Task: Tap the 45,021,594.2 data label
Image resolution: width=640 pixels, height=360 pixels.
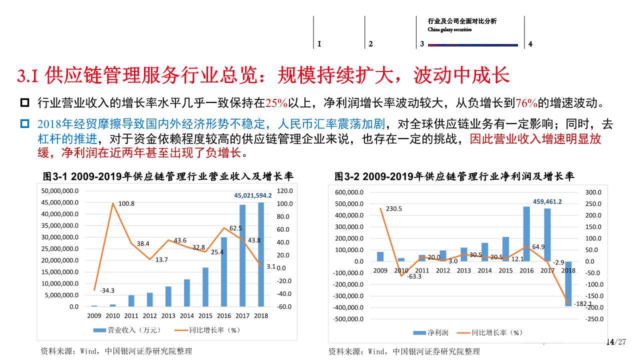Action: point(253,195)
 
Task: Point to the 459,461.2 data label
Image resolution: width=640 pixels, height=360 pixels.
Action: point(547,201)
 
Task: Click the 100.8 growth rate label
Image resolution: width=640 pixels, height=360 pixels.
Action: point(126,203)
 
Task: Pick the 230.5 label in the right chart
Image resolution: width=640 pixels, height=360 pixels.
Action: point(394,208)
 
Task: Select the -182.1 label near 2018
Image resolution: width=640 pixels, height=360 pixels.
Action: point(583,303)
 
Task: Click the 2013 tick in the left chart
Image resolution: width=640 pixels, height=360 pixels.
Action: point(168,315)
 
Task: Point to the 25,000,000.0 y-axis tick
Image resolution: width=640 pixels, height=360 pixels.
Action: point(60,248)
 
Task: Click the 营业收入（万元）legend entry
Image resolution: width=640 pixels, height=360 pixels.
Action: point(127,330)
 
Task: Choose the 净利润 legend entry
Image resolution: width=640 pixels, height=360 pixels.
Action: point(431,332)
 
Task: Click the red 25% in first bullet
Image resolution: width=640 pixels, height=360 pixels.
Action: point(276,103)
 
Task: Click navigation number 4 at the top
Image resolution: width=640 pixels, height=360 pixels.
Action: point(530,44)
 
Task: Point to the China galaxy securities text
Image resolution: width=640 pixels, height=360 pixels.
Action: point(449,29)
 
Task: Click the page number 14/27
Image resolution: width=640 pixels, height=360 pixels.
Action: point(615,342)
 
